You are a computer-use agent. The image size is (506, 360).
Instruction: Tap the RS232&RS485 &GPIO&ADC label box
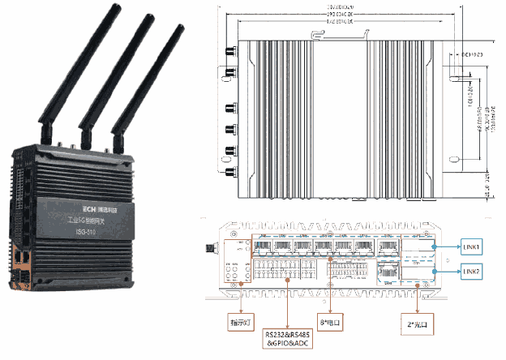pyautogui.click(x=289, y=337)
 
